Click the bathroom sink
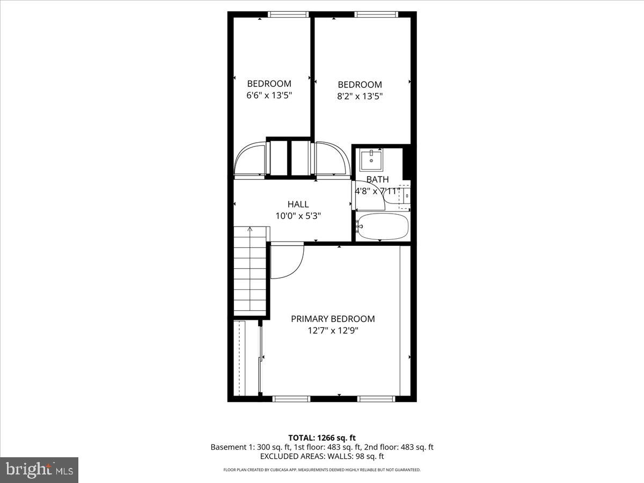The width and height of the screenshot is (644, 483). pos(371,159)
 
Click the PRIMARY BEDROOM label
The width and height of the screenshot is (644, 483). pos(333,319)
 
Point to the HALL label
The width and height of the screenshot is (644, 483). pos(298,204)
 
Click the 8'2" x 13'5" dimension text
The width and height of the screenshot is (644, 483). pos(360,97)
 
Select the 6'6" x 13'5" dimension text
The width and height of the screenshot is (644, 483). pos(269,96)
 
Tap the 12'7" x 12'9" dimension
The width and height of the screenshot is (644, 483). pos(333,331)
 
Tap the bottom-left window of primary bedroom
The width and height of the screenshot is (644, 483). pos(291,399)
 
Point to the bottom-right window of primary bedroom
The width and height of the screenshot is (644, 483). pos(376,399)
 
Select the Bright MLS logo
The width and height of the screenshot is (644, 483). pos(39,470)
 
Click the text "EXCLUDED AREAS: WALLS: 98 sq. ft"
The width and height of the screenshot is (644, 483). pos(322,456)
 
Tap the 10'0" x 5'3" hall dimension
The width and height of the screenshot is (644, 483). pos(298,216)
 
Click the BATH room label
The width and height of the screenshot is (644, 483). pos(377,180)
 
